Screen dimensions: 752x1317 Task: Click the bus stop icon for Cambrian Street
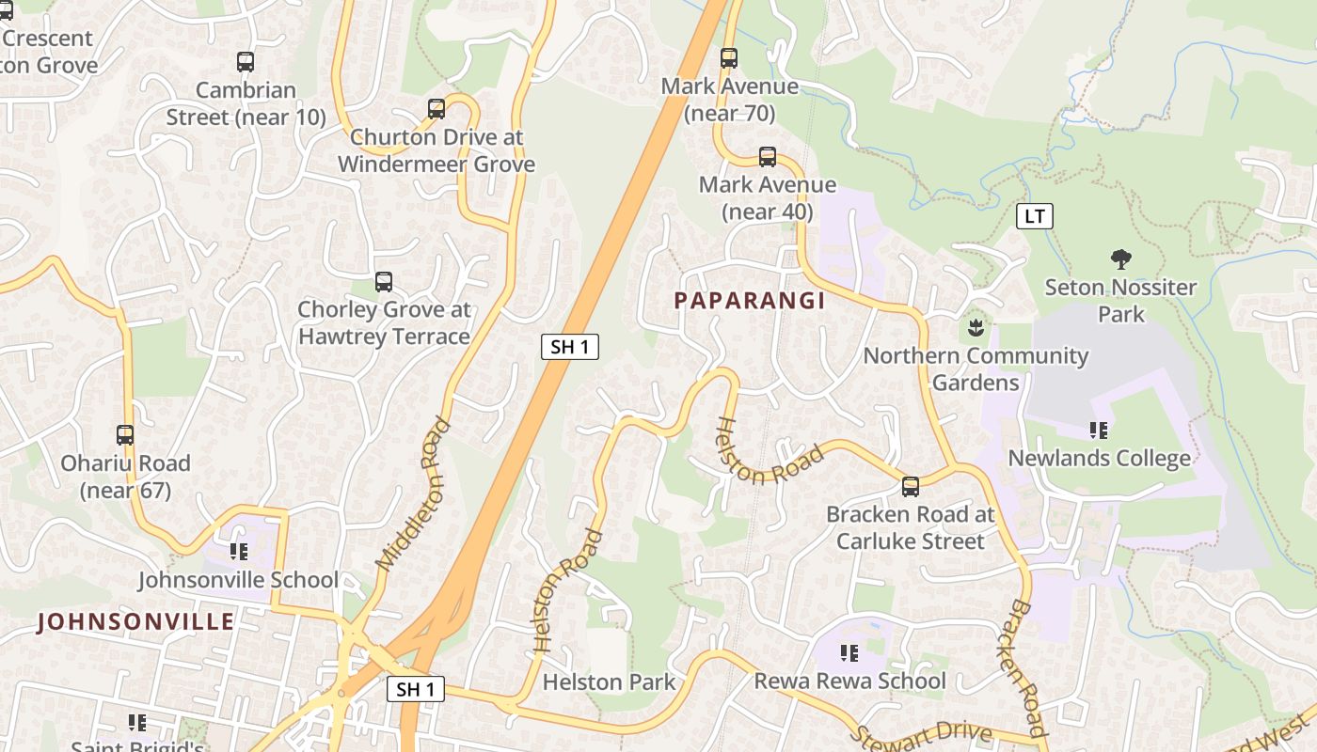click(x=246, y=62)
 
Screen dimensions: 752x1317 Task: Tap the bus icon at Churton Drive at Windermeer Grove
click(x=436, y=109)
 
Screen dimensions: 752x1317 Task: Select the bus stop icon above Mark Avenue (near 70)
click(x=729, y=58)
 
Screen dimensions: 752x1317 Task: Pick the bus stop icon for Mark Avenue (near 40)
click(x=768, y=157)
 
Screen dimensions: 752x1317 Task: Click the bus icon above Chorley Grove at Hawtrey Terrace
click(x=384, y=282)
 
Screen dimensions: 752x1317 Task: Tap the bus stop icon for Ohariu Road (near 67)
click(x=125, y=435)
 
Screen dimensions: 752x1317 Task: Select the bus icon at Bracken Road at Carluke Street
click(x=911, y=487)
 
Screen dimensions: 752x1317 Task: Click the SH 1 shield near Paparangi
click(x=570, y=347)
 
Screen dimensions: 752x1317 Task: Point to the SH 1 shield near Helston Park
click(x=416, y=689)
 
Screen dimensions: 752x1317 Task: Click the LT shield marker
click(x=1035, y=216)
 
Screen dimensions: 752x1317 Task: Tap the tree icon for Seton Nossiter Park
click(x=1120, y=259)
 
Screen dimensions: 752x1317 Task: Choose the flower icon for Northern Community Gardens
click(x=976, y=328)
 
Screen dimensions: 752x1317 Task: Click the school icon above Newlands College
click(x=1099, y=431)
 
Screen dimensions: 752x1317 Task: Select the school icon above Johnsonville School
click(x=239, y=552)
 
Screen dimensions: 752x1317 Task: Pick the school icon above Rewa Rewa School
click(x=849, y=652)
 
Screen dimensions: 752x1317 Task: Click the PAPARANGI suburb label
click(x=750, y=301)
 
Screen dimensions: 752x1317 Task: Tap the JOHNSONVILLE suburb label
click(x=135, y=621)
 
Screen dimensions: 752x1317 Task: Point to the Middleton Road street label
click(x=414, y=494)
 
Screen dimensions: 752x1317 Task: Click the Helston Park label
click(x=610, y=681)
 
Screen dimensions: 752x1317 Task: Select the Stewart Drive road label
click(x=921, y=731)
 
